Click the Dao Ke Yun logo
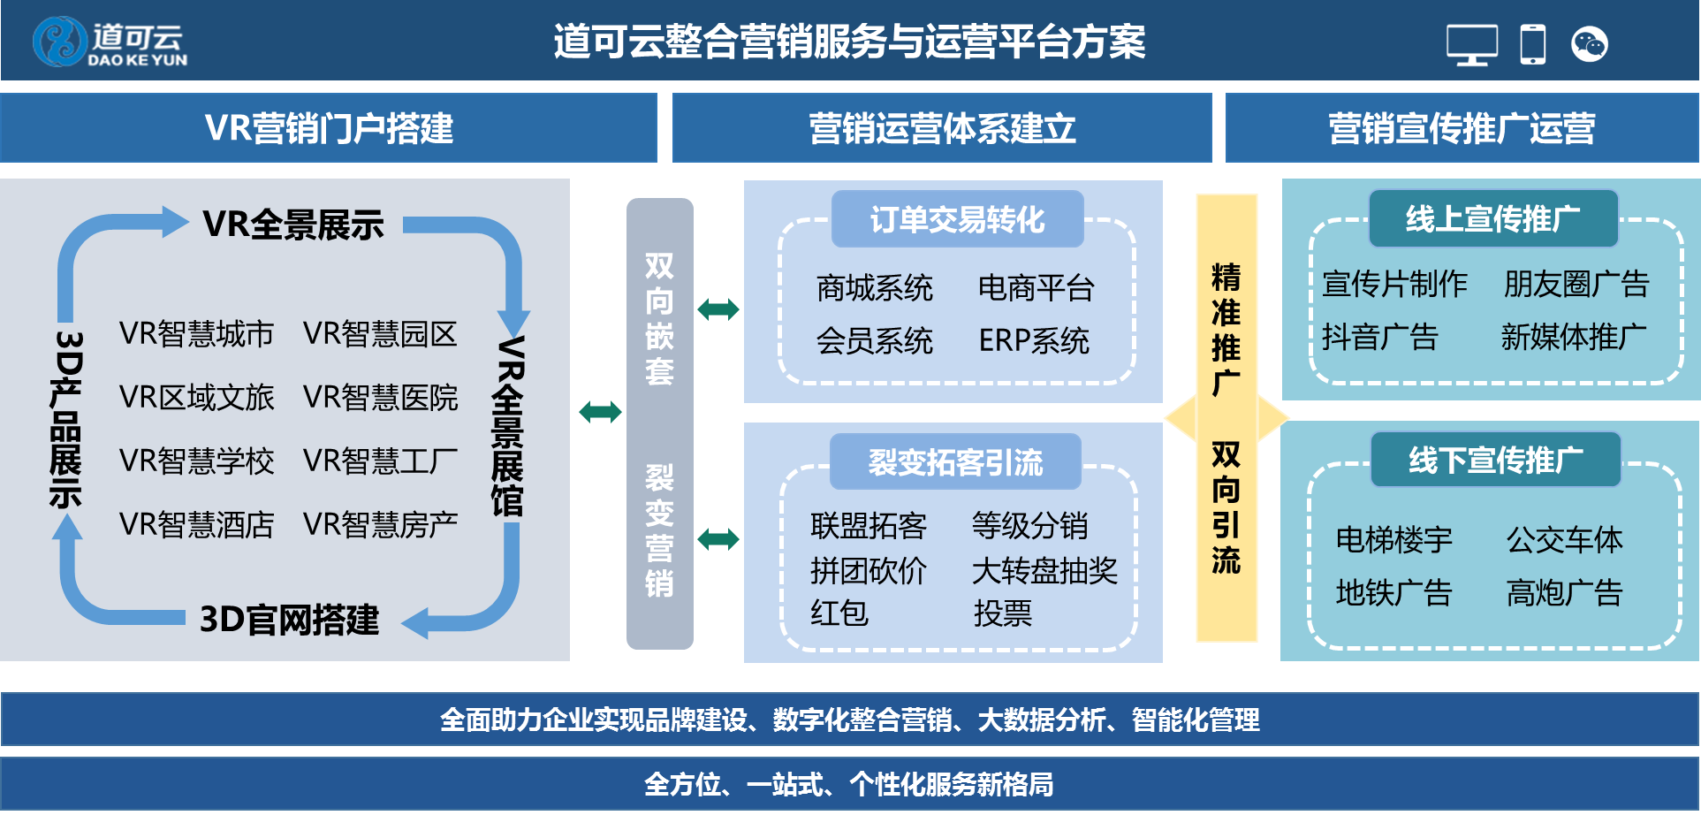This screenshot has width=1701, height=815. (110, 42)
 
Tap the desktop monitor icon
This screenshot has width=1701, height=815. (1471, 44)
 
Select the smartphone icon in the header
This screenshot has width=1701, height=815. (1533, 44)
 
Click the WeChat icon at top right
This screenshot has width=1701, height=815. (1589, 44)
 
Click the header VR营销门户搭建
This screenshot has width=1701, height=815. (329, 128)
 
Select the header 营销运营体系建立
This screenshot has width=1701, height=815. (942, 128)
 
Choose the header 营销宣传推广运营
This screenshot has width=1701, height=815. (1462, 128)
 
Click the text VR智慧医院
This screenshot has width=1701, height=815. (380, 398)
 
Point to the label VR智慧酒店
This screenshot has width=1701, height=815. (196, 525)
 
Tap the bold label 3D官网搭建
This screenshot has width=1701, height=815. (289, 620)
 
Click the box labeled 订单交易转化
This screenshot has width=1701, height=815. (957, 219)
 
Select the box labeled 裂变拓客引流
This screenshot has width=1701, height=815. (955, 461)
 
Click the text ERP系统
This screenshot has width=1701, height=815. (1034, 341)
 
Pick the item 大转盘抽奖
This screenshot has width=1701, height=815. (1044, 571)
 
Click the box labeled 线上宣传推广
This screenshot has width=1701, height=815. (1492, 218)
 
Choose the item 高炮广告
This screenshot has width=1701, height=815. (1564, 593)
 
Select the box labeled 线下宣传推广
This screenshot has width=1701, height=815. (1495, 460)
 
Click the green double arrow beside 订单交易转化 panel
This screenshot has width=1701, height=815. (718, 309)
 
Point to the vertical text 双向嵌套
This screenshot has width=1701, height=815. (659, 318)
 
